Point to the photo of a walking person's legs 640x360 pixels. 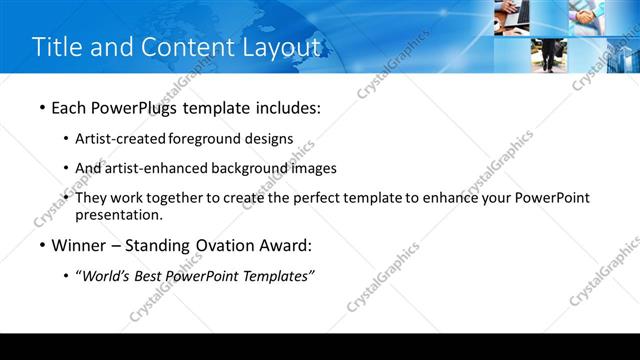click(549, 55)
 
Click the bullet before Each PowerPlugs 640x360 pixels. click(41, 107)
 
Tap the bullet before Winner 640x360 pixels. click(41, 245)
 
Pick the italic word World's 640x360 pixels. click(105, 276)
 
